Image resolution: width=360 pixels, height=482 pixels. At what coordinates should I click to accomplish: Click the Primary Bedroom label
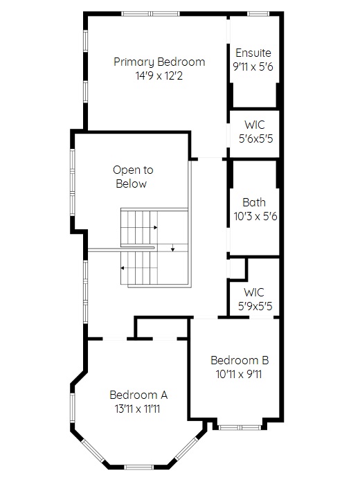(159, 62)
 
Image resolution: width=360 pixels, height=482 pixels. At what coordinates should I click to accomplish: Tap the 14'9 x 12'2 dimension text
(159, 75)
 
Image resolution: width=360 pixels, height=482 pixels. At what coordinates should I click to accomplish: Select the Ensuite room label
(253, 53)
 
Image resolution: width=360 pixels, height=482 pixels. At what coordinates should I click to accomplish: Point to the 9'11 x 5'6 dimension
(253, 66)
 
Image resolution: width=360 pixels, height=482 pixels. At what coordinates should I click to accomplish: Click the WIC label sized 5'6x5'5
(255, 125)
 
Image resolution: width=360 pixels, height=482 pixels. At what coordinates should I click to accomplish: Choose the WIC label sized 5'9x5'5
(254, 292)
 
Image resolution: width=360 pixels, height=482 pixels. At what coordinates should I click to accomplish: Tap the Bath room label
(254, 202)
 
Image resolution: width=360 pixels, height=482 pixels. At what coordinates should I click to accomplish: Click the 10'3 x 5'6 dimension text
(255, 216)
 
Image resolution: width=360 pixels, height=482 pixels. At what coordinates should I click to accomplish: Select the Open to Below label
(133, 177)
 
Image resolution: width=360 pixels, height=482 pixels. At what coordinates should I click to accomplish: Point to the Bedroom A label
(138, 395)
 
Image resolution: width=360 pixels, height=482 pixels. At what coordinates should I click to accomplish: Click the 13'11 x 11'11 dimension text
(137, 409)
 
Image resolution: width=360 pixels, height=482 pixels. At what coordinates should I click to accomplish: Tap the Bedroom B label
(240, 360)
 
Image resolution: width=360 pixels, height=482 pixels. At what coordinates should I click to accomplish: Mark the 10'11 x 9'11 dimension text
(239, 375)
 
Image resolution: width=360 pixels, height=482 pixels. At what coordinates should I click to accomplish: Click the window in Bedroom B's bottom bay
(240, 427)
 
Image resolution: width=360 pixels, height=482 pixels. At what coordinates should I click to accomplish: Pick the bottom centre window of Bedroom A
(138, 467)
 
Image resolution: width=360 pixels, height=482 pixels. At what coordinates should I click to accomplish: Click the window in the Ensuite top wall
(258, 14)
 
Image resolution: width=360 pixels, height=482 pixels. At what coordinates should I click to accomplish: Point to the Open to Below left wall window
(73, 183)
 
